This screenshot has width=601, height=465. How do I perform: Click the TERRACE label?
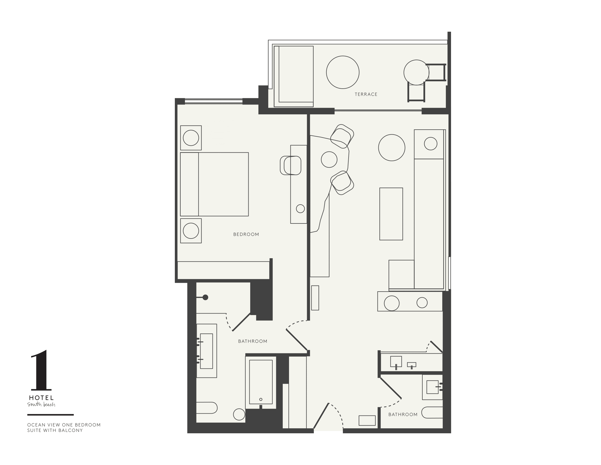[366, 94]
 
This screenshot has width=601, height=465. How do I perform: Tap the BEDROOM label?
[246, 234]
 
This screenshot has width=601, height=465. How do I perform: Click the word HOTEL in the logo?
[41, 398]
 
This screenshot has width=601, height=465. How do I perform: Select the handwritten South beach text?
[41, 405]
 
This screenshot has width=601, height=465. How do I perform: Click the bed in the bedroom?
[214, 184]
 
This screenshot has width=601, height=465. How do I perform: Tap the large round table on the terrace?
[343, 72]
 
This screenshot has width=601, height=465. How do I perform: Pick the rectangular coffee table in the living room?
[391, 214]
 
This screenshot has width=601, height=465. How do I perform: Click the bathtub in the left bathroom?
[261, 382]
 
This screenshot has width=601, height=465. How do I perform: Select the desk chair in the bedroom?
[291, 165]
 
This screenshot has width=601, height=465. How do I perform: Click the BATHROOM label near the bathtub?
[253, 341]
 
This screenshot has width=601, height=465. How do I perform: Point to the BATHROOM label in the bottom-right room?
[403, 415]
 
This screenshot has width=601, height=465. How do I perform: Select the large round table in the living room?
[391, 148]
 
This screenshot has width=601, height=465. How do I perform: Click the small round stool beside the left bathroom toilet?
[239, 414]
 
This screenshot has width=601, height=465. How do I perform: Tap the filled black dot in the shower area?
[205, 298]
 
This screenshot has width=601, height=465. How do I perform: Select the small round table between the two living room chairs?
[329, 159]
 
